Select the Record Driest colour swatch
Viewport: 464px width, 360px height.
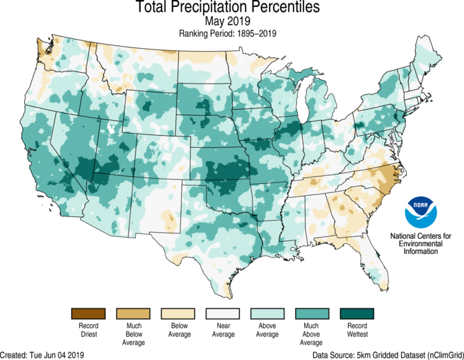point(88,313)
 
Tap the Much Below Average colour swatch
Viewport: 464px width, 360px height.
point(134,313)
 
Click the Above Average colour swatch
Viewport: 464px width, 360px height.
point(267,313)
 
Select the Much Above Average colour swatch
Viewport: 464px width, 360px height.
point(312,313)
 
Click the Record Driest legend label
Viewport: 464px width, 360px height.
point(88,331)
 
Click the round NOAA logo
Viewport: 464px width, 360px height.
point(422,210)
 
